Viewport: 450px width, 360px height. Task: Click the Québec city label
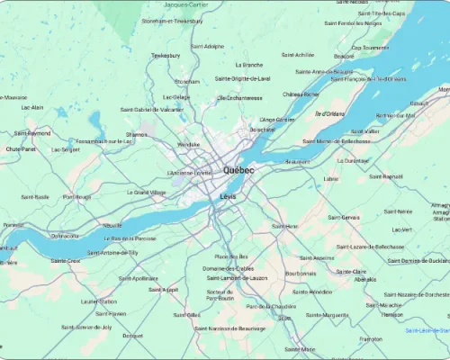[x=238, y=170]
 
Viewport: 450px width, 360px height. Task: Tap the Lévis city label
[x=228, y=196]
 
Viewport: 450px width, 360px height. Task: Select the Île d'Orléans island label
[x=329, y=113]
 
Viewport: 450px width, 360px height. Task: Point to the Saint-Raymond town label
[x=33, y=133]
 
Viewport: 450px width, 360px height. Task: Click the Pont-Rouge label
[x=76, y=196]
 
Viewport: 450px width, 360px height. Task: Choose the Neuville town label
[x=112, y=225]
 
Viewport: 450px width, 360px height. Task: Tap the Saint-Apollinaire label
[x=139, y=278]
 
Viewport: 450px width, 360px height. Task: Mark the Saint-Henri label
[x=285, y=226]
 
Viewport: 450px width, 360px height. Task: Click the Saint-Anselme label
[x=316, y=258]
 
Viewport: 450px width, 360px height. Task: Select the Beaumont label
[x=298, y=161]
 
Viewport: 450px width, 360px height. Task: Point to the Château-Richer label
[x=301, y=94]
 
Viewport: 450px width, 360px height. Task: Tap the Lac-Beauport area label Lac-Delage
[x=176, y=97]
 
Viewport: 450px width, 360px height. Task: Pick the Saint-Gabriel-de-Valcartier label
[x=152, y=109]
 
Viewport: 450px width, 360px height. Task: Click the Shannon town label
[x=137, y=134]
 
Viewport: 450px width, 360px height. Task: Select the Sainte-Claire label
[x=351, y=271]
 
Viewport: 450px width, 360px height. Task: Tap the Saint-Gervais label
[x=344, y=217]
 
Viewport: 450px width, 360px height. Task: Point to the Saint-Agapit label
[x=164, y=290]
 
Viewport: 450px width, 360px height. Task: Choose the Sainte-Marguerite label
[x=328, y=315]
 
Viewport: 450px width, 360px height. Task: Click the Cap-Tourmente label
[x=369, y=48]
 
